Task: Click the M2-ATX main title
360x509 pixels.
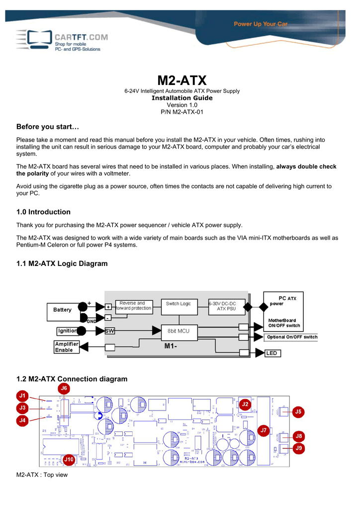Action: pos(181,80)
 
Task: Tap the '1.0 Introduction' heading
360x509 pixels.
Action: pos(43,212)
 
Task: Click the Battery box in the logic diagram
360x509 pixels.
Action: pos(63,310)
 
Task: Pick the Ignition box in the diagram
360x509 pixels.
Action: pos(68,330)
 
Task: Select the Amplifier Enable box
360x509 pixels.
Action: pos(64,347)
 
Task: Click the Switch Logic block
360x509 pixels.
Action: pos(179,304)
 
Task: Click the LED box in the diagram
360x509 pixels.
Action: pos(271,353)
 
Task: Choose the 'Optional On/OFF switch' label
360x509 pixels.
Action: pos(292,337)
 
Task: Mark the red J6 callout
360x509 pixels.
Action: pos(64,388)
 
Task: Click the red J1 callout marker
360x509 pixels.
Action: pos(22,396)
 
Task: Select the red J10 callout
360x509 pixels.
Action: pos(69,460)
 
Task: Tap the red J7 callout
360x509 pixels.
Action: pos(264,430)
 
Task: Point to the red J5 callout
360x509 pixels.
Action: pos(298,412)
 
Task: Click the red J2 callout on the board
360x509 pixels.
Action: pos(245,404)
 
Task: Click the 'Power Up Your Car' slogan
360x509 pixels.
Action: pos(261,24)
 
